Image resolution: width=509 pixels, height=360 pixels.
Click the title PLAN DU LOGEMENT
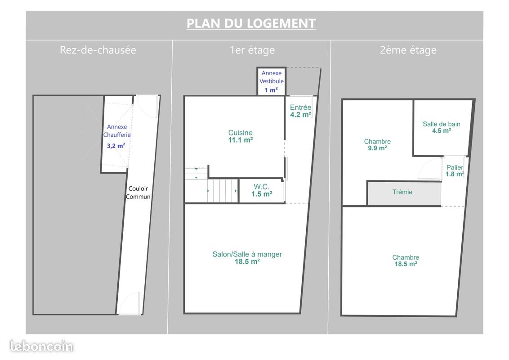point(251,23)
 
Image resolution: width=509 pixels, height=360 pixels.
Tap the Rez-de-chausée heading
point(98,50)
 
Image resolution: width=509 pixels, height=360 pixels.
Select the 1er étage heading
point(252,50)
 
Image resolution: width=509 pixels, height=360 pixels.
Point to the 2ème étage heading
point(408,50)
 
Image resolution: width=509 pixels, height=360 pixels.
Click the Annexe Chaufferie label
point(117,131)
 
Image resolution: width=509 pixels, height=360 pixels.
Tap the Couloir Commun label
point(138,193)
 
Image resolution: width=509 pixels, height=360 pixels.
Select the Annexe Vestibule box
point(271,81)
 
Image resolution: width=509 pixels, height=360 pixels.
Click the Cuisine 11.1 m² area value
point(241,140)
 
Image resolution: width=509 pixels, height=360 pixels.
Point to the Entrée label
point(300,108)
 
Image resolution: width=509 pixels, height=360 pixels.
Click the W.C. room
point(262,191)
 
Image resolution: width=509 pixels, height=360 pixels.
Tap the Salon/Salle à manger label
point(247,254)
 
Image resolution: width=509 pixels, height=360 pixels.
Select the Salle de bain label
point(441,124)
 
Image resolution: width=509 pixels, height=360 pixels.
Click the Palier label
point(454,167)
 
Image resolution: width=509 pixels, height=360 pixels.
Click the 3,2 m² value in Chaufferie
point(116,146)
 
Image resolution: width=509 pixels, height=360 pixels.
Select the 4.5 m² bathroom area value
point(441,131)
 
